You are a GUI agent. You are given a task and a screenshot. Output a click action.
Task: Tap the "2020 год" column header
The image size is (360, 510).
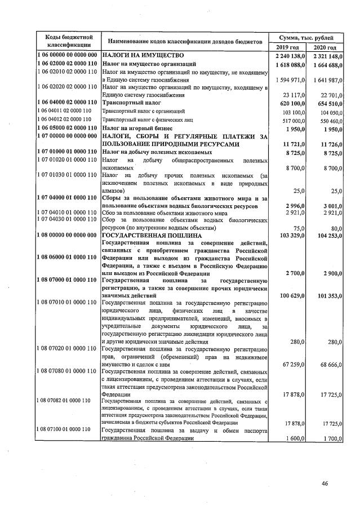(x=325, y=47)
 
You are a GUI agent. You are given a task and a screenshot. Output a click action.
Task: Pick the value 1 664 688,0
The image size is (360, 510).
(x=325, y=65)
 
